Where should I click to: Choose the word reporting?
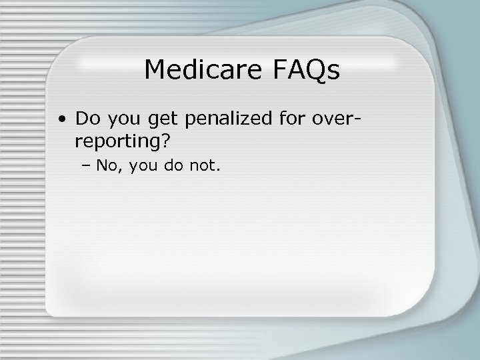point(117,142)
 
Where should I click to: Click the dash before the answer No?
point(89,166)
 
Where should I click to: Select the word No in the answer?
point(105,165)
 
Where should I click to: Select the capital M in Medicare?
point(155,69)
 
